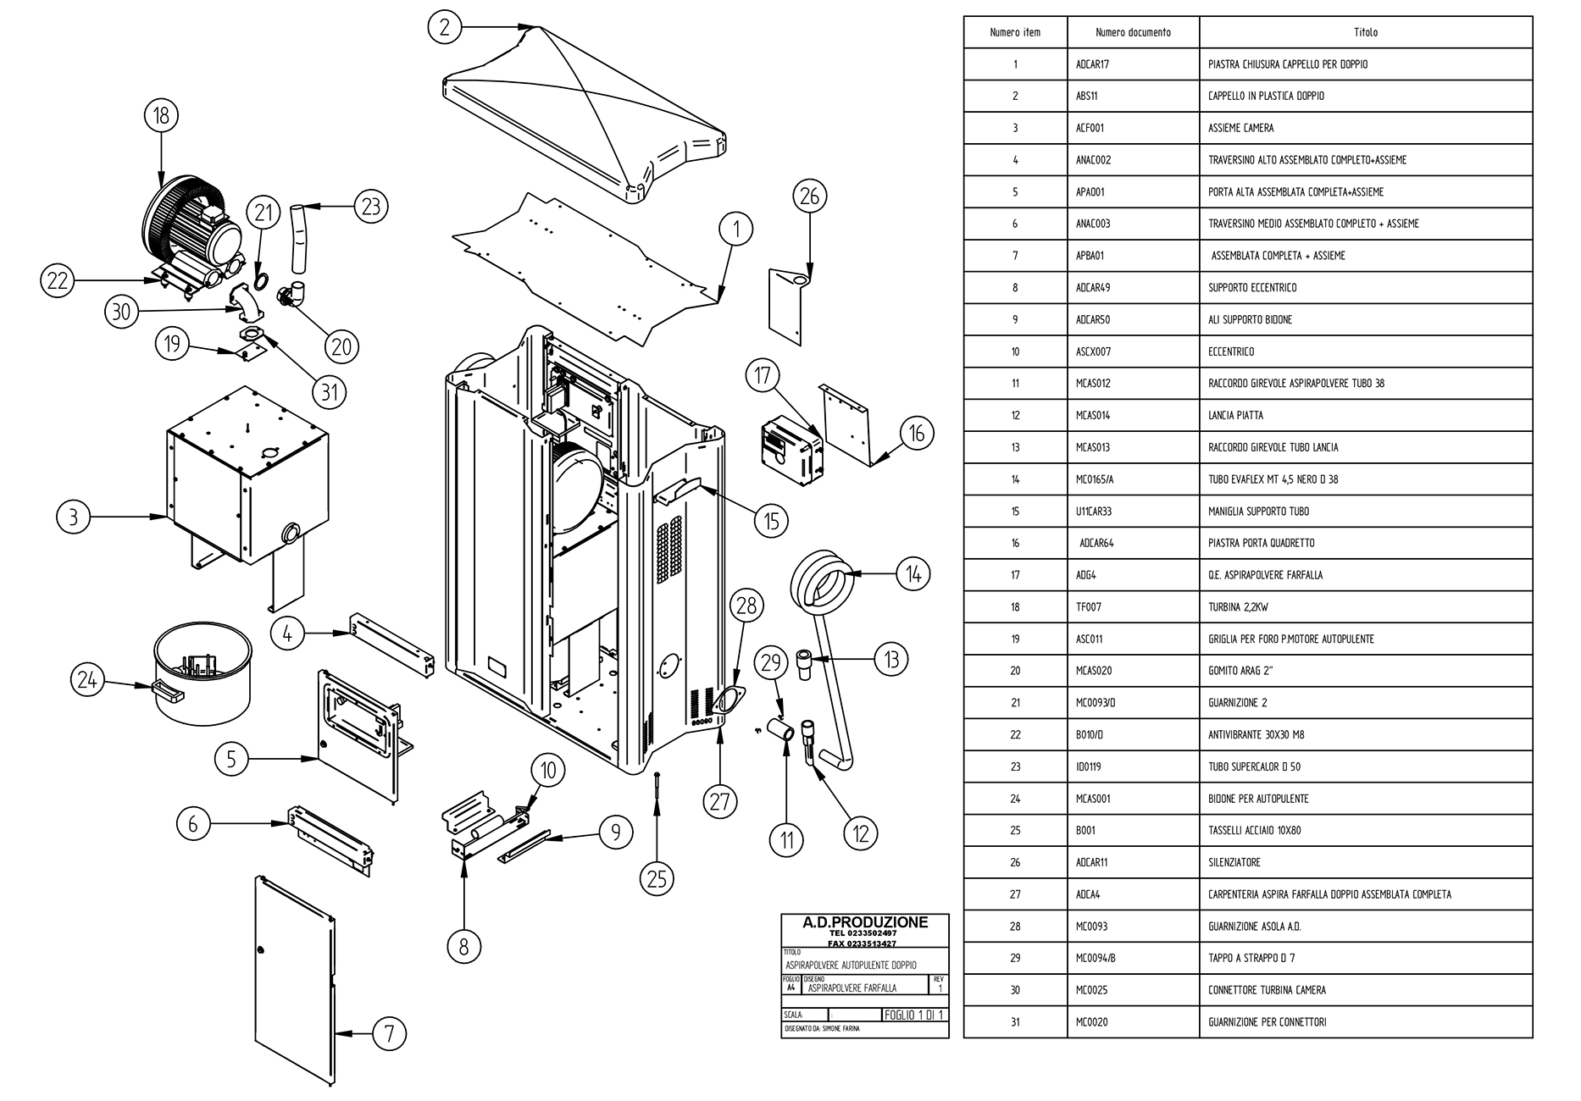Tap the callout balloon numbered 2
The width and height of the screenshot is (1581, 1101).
(x=444, y=26)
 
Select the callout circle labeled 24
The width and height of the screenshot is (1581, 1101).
(x=88, y=679)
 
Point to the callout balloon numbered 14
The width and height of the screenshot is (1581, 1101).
(x=913, y=574)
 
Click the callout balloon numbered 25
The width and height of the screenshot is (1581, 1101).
(x=657, y=878)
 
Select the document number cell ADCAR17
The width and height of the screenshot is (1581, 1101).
(x=1092, y=64)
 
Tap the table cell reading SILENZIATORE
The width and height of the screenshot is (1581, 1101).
(x=1234, y=862)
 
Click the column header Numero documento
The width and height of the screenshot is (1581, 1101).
(x=1133, y=32)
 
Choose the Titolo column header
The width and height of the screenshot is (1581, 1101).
(x=1365, y=32)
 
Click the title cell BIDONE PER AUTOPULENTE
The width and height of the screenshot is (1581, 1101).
(x=1258, y=799)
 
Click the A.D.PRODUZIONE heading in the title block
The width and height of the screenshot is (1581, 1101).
(x=864, y=922)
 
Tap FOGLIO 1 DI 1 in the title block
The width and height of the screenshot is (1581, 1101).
(x=913, y=1015)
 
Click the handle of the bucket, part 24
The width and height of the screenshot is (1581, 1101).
(x=169, y=693)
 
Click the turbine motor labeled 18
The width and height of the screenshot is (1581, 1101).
(x=191, y=224)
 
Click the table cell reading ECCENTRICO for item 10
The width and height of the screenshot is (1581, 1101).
(x=1231, y=351)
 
